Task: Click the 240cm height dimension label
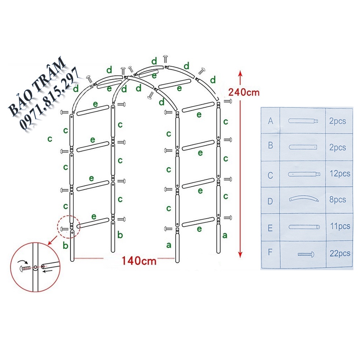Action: point(243,92)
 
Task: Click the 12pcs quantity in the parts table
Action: point(339,173)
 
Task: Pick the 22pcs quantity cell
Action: point(339,253)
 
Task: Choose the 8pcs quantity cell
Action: point(337,200)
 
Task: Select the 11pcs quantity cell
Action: point(339,226)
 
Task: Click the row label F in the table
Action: point(271,253)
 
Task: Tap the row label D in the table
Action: point(271,201)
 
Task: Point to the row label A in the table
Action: point(271,121)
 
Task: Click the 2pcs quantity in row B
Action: point(337,147)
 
